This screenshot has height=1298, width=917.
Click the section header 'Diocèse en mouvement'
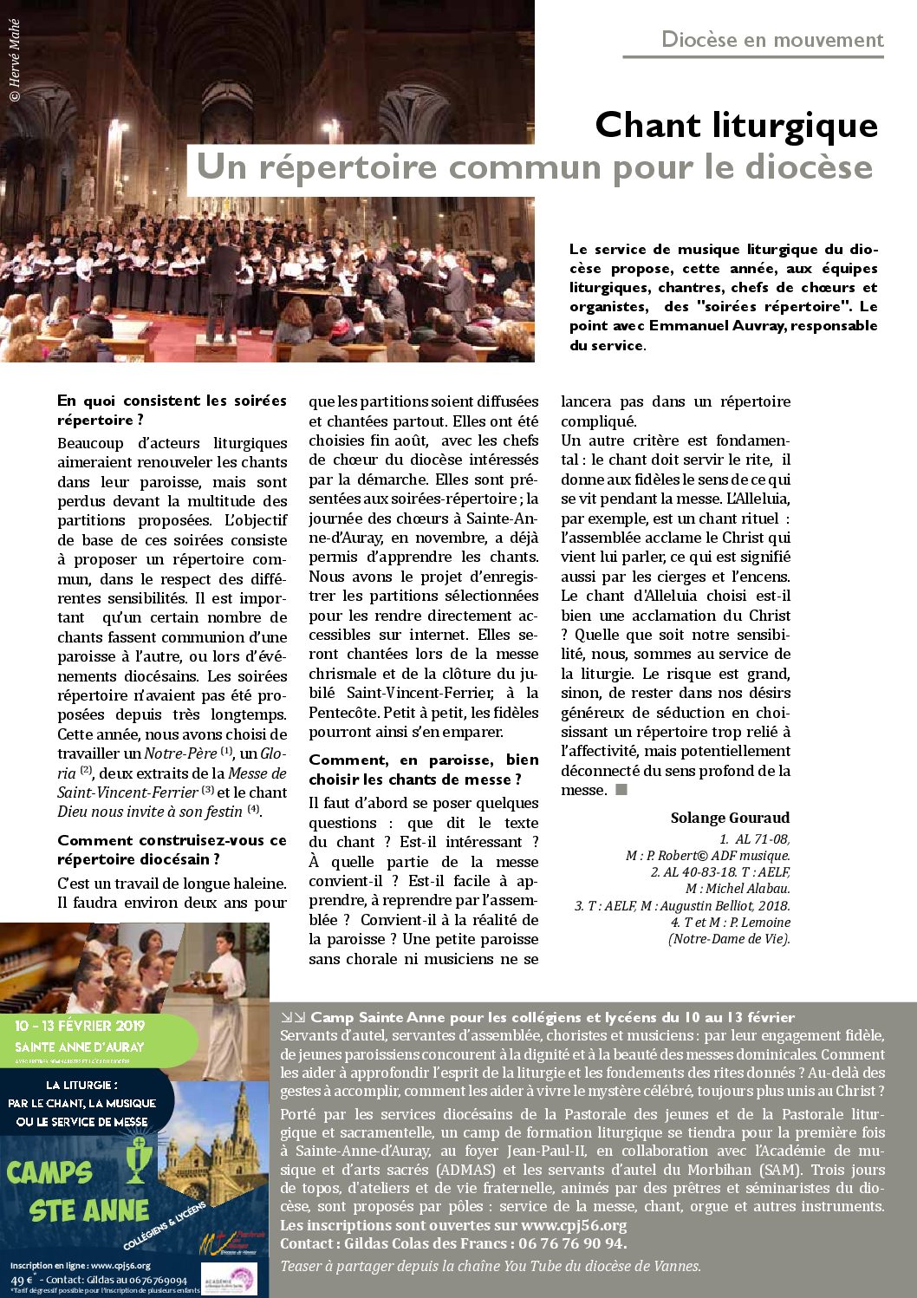tap(771, 40)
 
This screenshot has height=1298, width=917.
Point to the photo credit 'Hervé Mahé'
tap(14, 61)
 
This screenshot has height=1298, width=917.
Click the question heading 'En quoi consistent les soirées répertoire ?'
tap(172, 410)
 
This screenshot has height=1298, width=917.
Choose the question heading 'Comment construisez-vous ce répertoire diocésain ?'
tap(172, 850)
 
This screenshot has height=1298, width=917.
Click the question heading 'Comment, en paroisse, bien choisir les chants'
tap(423, 769)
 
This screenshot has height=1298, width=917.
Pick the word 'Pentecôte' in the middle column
tap(344, 713)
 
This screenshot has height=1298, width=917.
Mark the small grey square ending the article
tap(621, 790)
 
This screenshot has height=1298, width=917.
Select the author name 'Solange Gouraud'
tap(730, 818)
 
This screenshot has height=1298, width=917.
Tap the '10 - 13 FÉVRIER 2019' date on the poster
tap(80, 1026)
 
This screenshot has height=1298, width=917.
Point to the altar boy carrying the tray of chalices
tap(227, 962)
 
